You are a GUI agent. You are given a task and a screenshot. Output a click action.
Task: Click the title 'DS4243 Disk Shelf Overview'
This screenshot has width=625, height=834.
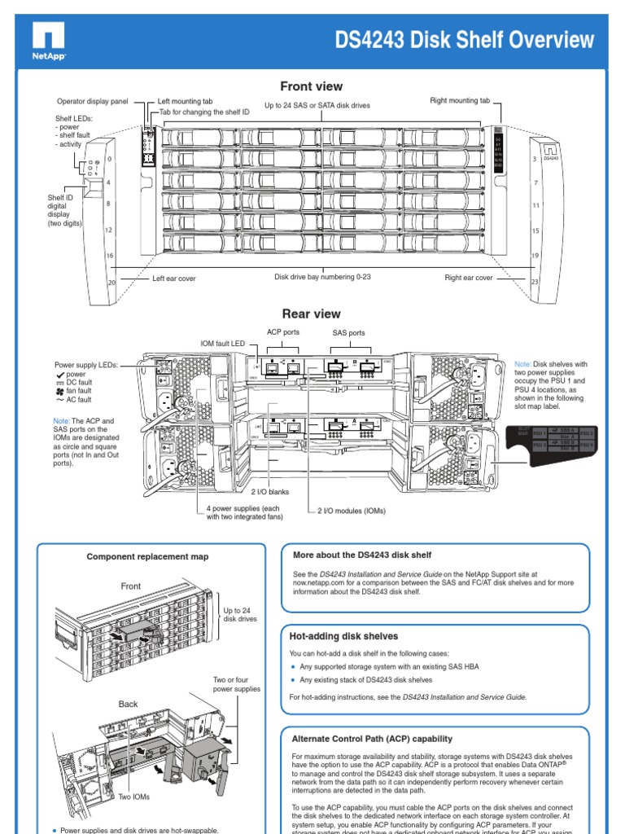pos(465,40)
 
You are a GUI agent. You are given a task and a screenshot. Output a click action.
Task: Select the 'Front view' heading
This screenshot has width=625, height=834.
pos(312,86)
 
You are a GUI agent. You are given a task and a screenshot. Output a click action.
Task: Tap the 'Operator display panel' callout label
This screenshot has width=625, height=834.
pos(93,102)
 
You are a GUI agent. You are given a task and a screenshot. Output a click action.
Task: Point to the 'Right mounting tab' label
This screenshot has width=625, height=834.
pos(460,100)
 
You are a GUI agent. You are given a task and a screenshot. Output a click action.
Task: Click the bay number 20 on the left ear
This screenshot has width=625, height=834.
pos(111,283)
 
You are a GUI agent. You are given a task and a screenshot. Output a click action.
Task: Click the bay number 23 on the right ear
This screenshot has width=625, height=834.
pos(535,283)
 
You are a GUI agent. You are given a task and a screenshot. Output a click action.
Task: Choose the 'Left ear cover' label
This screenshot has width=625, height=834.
pos(174,279)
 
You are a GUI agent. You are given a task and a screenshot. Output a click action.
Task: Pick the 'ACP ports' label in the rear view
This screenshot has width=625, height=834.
pos(284,331)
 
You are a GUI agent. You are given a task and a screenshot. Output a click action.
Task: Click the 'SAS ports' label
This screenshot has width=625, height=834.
pos(348,333)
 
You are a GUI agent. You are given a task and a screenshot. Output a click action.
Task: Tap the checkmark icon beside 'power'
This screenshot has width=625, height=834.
pos(59,374)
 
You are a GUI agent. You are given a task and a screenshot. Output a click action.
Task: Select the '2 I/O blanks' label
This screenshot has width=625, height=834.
pos(269,492)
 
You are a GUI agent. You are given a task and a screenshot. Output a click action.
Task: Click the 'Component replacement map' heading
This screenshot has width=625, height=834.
pos(147,556)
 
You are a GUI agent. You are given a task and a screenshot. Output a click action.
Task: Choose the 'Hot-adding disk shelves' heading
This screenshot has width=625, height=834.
pos(344,635)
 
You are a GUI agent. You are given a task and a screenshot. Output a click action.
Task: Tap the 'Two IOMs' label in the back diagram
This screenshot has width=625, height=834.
pos(132,798)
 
